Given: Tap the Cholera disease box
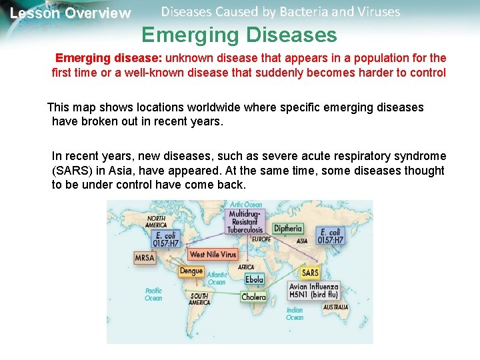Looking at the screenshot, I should (x=253, y=297).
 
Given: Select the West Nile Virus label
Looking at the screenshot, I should (x=213, y=255).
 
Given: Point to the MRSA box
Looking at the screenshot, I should (x=145, y=258).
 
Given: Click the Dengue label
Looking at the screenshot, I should (x=191, y=271).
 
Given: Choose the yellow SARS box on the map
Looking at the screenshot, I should (x=310, y=273).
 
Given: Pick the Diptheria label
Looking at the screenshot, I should (x=288, y=229).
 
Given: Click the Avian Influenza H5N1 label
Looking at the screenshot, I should (x=313, y=291).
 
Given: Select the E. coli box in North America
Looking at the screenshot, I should (x=167, y=239).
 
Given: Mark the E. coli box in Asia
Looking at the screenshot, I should (x=330, y=236).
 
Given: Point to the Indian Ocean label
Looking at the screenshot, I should (x=295, y=313).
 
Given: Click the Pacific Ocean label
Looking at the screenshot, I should (x=153, y=294).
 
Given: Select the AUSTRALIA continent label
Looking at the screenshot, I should (x=335, y=307).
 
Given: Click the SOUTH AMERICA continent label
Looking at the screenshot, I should (x=199, y=299).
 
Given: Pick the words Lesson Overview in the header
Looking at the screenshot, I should (x=71, y=13).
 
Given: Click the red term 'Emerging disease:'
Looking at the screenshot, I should (x=103, y=58).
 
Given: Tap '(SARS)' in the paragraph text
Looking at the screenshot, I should (x=71, y=171).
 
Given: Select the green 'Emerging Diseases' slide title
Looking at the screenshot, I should (x=239, y=34).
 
